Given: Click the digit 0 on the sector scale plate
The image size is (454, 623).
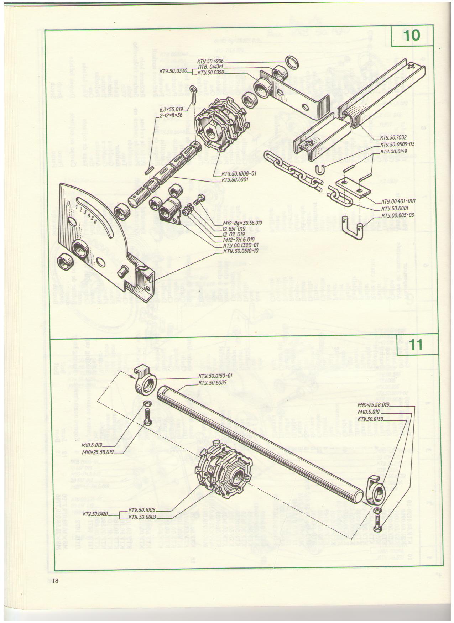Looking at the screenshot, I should click(x=68, y=203).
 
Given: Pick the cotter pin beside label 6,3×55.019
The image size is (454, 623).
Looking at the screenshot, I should click(x=194, y=93).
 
